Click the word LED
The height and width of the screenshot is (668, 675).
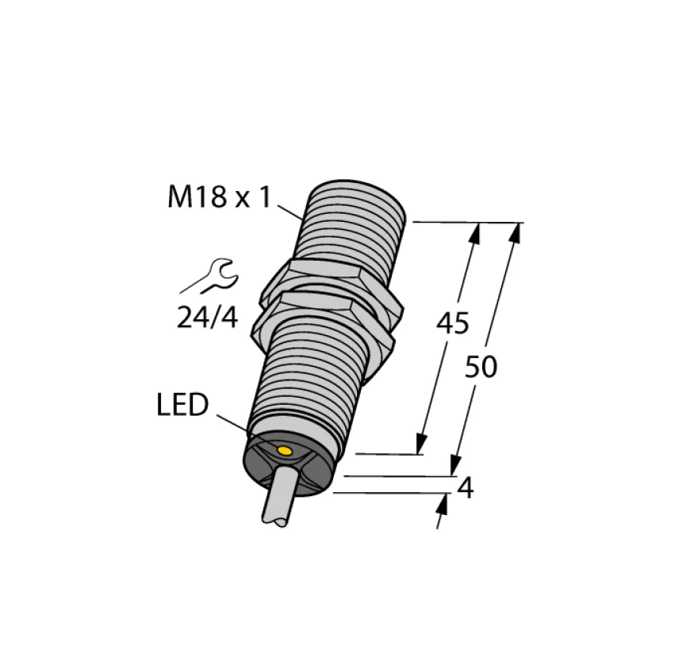(x=182, y=405)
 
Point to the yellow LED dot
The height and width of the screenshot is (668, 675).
(x=285, y=451)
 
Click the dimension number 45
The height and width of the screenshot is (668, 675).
(x=452, y=323)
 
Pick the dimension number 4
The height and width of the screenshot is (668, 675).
(x=466, y=489)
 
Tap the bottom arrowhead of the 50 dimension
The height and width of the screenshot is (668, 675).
(x=456, y=468)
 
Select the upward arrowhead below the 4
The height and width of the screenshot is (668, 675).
(x=440, y=504)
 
